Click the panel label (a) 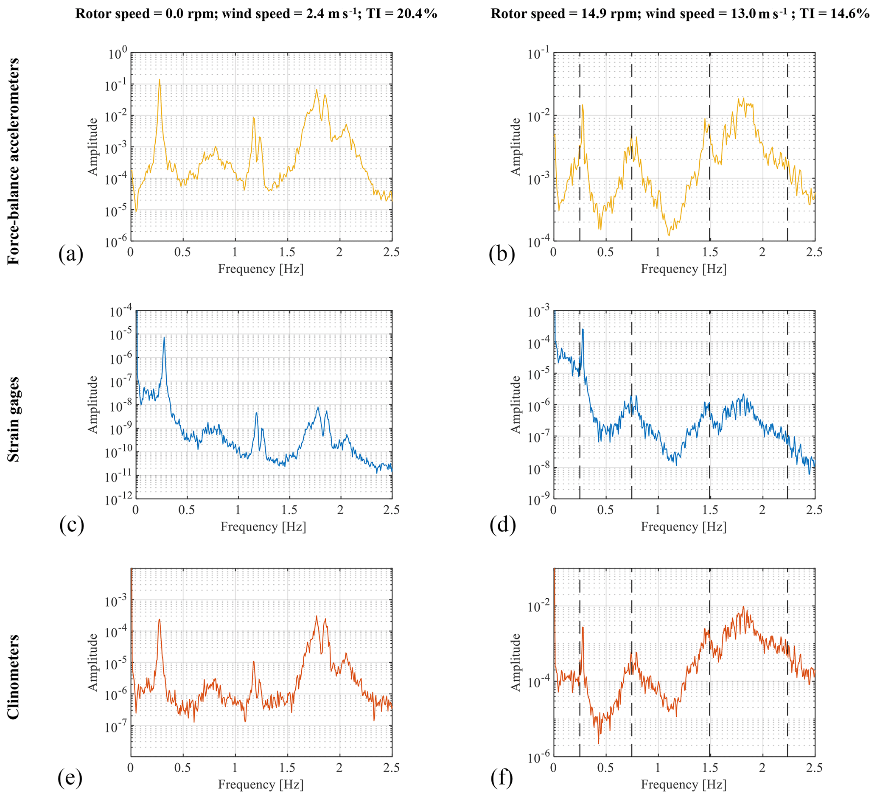tap(70, 254)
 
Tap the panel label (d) tap(502, 525)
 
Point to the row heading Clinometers tap(14, 677)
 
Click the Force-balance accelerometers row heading tap(14, 161)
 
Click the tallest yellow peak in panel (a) tap(160, 80)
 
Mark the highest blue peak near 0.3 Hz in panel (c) tap(164, 337)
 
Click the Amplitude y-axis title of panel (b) tap(516, 146)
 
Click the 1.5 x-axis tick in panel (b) tap(709, 252)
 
